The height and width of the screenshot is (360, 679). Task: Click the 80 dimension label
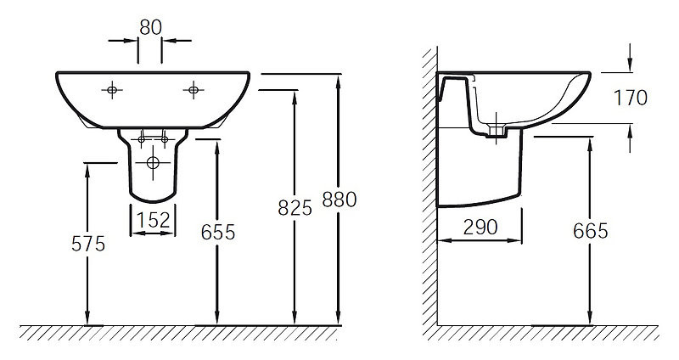coord(151,28)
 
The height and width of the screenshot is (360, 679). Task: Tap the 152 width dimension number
coord(154,220)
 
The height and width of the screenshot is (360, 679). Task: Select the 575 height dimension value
coord(88,245)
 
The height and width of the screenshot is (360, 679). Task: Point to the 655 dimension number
coord(218,233)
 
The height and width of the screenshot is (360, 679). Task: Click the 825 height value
coord(295,208)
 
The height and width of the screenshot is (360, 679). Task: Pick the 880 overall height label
coord(339,200)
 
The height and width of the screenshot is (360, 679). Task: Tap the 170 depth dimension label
coord(631,98)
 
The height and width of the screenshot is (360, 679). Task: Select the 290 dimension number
coord(480,227)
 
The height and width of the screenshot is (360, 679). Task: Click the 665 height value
coord(590,231)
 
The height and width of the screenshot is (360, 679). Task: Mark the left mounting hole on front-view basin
coord(112,90)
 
